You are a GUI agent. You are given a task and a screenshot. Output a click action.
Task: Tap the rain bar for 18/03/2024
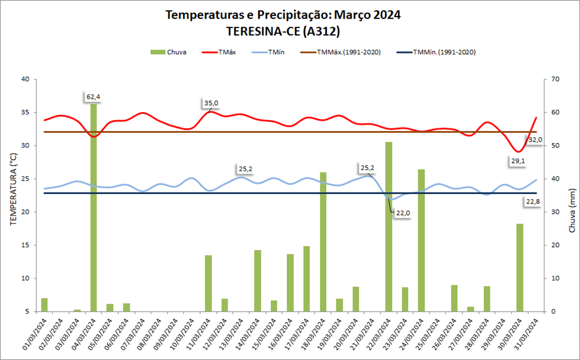[x=323, y=242]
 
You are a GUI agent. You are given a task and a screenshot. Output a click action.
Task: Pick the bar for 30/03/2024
[x=520, y=267]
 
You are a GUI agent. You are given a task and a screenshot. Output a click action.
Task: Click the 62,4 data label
[x=93, y=97]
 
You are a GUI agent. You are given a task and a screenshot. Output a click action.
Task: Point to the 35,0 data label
[x=211, y=103]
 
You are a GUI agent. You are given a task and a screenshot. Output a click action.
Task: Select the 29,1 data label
[x=518, y=161]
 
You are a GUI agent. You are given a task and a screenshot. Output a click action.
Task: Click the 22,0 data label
[x=403, y=213]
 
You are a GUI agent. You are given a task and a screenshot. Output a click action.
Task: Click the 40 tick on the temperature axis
[x=25, y=80]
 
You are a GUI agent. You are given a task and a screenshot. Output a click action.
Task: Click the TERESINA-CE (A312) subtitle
[x=283, y=30]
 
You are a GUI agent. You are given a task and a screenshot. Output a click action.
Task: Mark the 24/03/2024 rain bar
[x=421, y=240]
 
